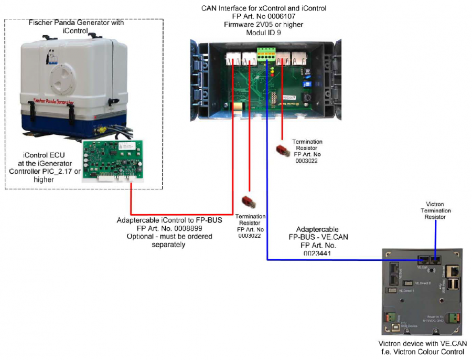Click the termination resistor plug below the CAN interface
click(283, 150)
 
